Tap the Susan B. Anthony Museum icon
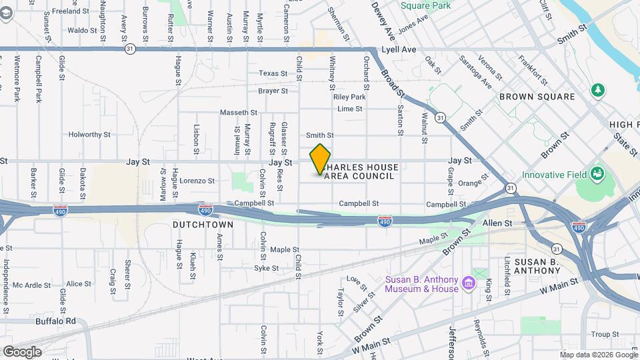(468, 285)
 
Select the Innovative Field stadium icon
(597, 175)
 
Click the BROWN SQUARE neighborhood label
(537, 97)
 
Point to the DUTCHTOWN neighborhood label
(203, 225)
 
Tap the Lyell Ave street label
(399, 49)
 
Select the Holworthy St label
(89, 135)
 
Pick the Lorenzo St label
(197, 181)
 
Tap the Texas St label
(273, 73)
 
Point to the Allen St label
(497, 223)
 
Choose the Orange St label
(469, 183)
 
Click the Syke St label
(266, 268)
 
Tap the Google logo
(21, 351)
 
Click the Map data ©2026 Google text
(598, 355)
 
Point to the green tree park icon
(598, 89)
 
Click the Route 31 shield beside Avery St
(130, 49)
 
